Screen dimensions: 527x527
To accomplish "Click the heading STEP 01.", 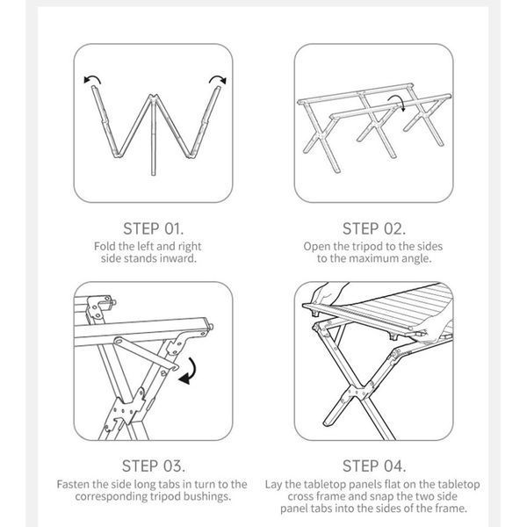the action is click(153, 229).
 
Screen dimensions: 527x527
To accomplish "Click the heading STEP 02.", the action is click(374, 229).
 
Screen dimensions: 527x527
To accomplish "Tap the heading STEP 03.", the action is click(154, 466).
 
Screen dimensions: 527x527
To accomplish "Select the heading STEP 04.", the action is click(374, 466).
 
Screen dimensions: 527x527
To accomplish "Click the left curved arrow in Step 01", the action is click(92, 78).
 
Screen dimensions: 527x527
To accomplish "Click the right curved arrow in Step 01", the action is click(218, 78).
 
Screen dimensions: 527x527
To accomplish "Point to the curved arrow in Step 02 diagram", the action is click(398, 99).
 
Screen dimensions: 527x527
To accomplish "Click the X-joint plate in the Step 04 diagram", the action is click(358, 392).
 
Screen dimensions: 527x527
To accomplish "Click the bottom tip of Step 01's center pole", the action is click(153, 175).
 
